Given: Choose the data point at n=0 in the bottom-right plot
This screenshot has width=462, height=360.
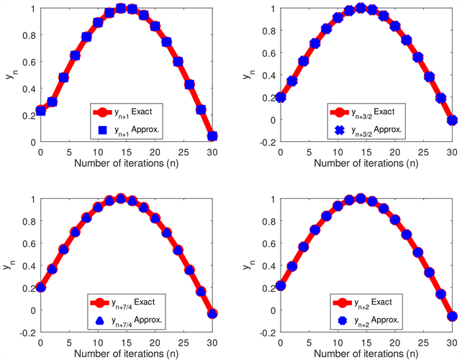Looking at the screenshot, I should click(281, 286).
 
